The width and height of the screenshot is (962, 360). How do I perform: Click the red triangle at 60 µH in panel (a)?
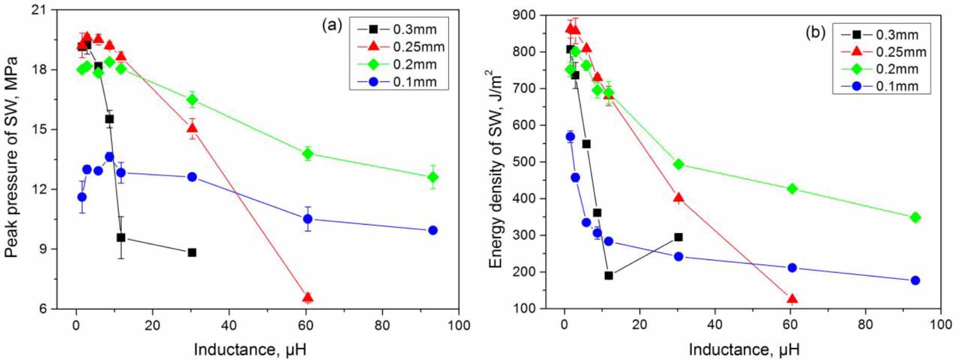(307, 298)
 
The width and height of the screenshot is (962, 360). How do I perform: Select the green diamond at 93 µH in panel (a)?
(433, 177)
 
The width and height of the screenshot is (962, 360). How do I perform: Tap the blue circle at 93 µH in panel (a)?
(433, 230)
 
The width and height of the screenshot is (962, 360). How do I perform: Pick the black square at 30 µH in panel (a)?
(192, 252)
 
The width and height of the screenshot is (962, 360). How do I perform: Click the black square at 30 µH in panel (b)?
(678, 237)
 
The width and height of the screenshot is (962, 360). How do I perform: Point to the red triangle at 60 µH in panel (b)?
(792, 299)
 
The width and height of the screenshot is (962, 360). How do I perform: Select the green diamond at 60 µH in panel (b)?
(792, 188)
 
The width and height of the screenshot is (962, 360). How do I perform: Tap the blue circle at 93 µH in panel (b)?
(915, 280)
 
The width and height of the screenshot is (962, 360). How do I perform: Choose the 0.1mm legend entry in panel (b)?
(897, 86)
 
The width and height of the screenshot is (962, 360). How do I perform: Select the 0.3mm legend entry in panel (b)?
(897, 35)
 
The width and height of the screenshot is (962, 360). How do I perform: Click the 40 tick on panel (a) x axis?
(229, 326)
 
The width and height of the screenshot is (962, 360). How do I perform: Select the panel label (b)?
(815, 32)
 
